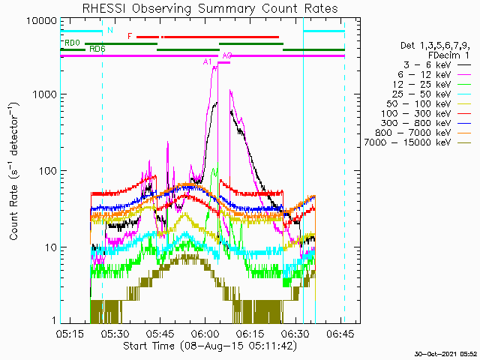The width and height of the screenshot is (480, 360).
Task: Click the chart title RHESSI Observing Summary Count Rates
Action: click(210, 8)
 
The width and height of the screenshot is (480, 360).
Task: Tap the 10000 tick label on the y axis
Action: click(42, 21)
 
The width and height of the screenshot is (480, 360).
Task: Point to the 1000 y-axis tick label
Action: click(45, 94)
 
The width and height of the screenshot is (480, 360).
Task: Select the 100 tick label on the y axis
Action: click(48, 171)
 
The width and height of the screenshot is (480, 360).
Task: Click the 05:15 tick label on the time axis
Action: click(70, 334)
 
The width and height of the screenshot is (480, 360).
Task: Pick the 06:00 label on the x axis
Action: click(205, 334)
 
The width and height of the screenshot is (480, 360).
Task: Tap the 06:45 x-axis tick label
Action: click(340, 334)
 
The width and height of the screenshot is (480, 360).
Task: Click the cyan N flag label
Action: click(110, 30)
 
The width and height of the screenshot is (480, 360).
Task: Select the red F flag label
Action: click(130, 37)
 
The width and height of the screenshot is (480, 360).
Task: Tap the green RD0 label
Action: click(72, 43)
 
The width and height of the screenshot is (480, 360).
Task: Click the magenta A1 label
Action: click(207, 61)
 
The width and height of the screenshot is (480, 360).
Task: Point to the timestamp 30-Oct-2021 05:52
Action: click(445, 354)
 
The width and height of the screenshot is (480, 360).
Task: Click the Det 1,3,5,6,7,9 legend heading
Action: click(435, 46)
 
